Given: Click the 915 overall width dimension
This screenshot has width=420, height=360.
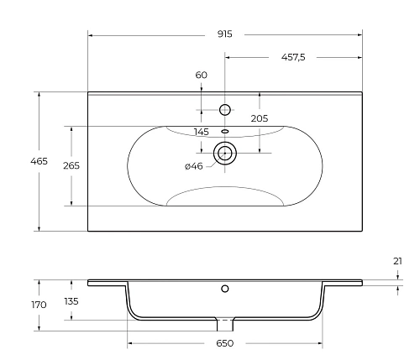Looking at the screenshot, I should (224, 34).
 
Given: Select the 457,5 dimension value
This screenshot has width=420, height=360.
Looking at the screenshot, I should (291, 57).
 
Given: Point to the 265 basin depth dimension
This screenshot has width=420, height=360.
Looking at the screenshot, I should (71, 166).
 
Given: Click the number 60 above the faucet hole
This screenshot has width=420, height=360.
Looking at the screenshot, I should (201, 75).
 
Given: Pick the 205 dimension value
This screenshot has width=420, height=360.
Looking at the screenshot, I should (260, 118).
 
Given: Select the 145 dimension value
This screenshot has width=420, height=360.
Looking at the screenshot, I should (201, 132).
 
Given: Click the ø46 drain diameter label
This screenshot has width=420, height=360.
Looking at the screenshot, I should (193, 166).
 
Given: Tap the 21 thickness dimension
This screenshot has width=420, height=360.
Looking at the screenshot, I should (397, 261).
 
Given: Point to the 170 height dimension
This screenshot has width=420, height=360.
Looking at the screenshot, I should (39, 305).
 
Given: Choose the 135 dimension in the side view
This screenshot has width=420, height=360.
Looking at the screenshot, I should (71, 300).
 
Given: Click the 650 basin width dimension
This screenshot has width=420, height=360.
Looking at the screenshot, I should (224, 344).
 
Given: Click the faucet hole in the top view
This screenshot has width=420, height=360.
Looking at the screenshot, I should (224, 109).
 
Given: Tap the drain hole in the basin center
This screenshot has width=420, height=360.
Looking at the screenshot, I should (224, 153).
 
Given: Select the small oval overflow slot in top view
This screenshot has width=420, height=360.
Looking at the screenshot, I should (224, 131).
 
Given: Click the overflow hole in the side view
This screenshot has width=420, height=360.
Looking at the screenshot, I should (224, 289).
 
